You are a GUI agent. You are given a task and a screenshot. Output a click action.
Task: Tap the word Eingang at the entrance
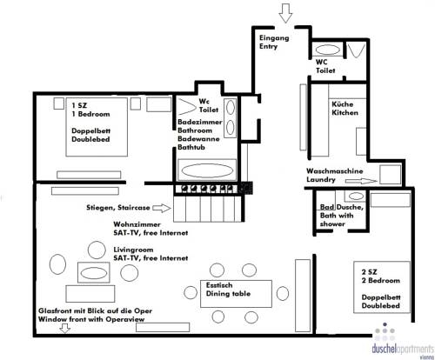coord(274,39)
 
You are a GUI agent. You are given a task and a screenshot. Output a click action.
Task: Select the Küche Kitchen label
coord(343,110)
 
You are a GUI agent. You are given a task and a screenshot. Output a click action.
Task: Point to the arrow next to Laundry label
coord(365,183)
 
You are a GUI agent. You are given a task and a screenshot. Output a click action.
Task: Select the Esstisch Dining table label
coord(228,290)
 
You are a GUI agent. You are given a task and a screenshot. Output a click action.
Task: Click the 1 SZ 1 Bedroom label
coord(89,110)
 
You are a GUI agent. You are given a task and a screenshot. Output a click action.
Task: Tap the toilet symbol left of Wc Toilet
coord(187,105)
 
